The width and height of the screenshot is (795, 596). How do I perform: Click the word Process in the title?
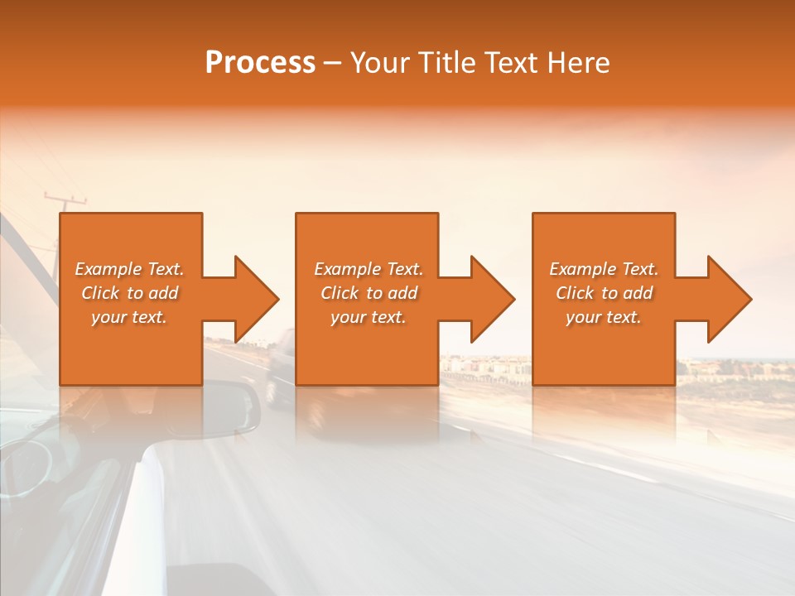[260, 63]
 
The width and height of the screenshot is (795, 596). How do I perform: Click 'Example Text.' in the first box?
[129, 269]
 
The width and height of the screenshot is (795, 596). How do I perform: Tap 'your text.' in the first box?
[129, 317]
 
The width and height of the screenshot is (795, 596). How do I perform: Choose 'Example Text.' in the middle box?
[368, 269]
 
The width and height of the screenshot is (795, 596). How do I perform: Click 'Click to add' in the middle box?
[368, 293]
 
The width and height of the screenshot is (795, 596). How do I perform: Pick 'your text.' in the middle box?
[368, 317]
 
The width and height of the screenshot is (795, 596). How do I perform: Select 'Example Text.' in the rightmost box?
[604, 269]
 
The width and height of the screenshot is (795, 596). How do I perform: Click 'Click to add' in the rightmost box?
[604, 293]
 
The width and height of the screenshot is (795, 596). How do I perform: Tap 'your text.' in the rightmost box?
[604, 317]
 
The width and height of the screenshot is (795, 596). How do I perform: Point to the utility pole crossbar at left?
[65, 198]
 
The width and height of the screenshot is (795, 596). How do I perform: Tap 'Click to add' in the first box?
[129, 293]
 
